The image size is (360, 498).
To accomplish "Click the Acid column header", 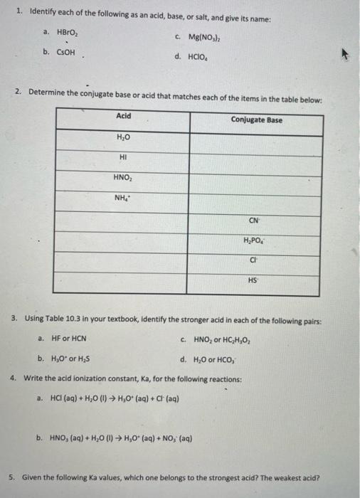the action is click(123, 116).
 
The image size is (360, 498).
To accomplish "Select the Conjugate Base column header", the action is click(256, 120).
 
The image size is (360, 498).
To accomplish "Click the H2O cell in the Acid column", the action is click(122, 137).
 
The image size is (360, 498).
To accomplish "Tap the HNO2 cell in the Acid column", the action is click(123, 177).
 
